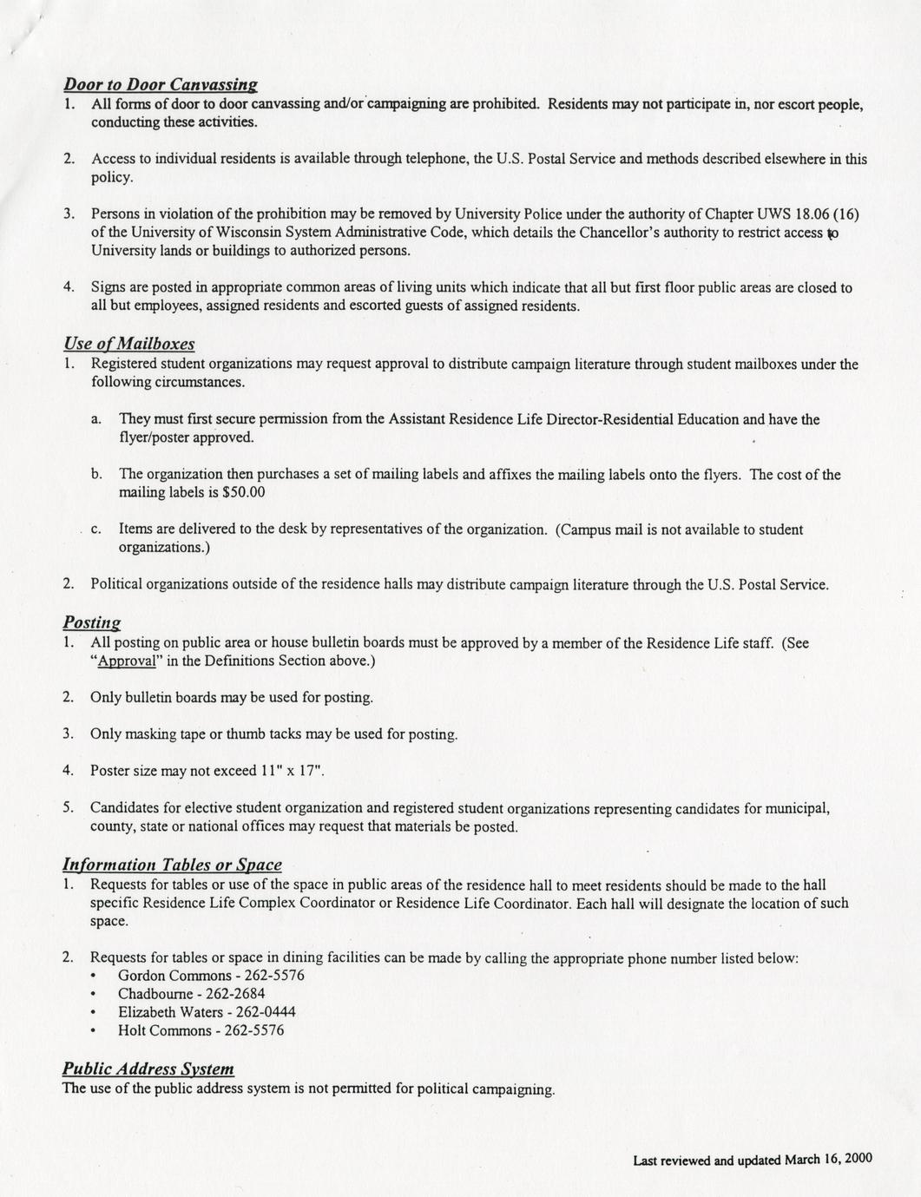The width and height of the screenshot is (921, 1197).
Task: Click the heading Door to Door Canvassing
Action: click(160, 84)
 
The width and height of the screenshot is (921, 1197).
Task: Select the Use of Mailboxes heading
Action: click(128, 344)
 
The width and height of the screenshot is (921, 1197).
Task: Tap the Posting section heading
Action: click(91, 622)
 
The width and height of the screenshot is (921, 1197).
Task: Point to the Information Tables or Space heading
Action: click(172, 865)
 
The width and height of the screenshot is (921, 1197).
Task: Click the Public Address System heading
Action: click(148, 1069)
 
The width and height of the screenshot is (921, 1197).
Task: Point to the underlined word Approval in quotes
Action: click(126, 661)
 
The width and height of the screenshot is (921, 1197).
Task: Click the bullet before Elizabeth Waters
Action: click(93, 1013)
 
